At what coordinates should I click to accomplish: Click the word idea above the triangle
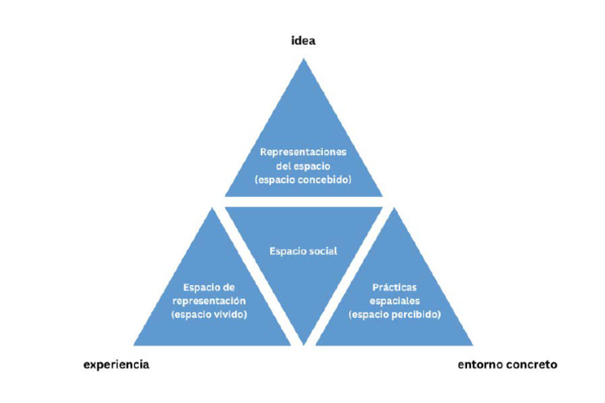303,40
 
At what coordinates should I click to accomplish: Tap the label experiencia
116,364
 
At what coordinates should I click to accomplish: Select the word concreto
531,364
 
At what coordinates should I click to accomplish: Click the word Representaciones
303,152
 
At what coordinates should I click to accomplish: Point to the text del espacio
303,166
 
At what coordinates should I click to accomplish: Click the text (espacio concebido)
303,179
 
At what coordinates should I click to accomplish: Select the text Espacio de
209,287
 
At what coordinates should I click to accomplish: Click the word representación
209,301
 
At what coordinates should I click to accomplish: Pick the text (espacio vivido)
209,314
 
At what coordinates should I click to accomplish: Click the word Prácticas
395,287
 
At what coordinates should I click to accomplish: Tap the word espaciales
395,301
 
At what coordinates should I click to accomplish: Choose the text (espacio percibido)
395,314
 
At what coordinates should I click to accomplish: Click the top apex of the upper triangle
303,58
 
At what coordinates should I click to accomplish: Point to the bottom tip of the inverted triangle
303,345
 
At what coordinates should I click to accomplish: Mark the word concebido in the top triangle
328,179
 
